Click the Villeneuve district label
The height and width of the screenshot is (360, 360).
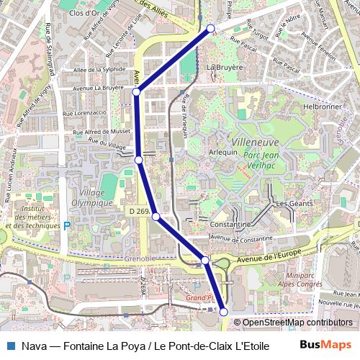coord(255,143)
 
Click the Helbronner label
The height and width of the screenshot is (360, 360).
coord(321,106)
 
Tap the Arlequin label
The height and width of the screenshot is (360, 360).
coord(223,152)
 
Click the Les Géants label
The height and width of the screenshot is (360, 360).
coord(294,204)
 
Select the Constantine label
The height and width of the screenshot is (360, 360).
coord(230,224)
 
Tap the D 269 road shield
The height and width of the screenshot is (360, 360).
coord(140,211)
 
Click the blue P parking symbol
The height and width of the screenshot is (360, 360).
coord(68,225)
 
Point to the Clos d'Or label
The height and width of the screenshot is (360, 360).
coord(85,13)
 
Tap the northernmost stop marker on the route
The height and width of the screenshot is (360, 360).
coord(211,28)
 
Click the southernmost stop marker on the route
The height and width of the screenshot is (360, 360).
coord(223,311)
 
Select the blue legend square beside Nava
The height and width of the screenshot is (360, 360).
coord(10,346)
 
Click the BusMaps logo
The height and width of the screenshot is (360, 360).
coord(326,345)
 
